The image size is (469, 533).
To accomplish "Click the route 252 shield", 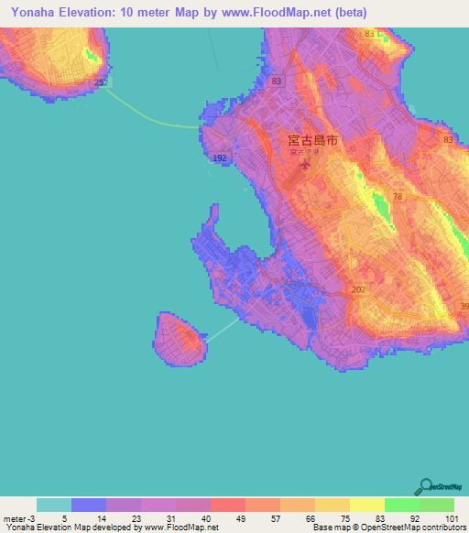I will (101, 82).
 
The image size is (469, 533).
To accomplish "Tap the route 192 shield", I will (220, 158).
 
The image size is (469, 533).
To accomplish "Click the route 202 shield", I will (357, 289).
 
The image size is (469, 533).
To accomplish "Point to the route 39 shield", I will (464, 306).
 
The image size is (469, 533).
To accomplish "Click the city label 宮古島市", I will (312, 141).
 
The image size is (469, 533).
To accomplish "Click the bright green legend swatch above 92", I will (401, 505).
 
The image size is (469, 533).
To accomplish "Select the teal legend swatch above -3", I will (54, 505).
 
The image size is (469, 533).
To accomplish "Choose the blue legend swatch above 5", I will (89, 505).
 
